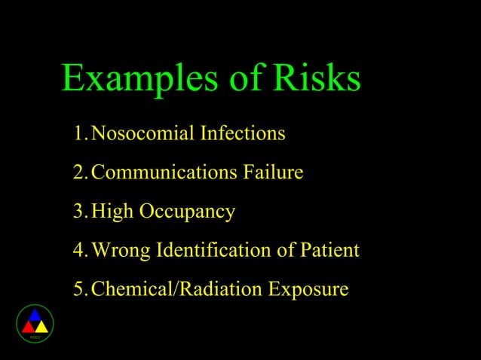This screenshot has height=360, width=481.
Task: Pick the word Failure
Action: point(273,173)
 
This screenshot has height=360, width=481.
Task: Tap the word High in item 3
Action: point(110,212)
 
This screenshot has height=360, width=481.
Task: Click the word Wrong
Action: point(119,250)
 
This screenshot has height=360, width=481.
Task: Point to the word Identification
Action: point(210,250)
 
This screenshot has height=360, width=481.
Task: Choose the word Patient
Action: point(326,250)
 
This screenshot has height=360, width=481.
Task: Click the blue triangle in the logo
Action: point(35,316)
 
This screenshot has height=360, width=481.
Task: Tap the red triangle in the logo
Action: point(28,328)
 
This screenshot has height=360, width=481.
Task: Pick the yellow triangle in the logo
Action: point(41,328)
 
